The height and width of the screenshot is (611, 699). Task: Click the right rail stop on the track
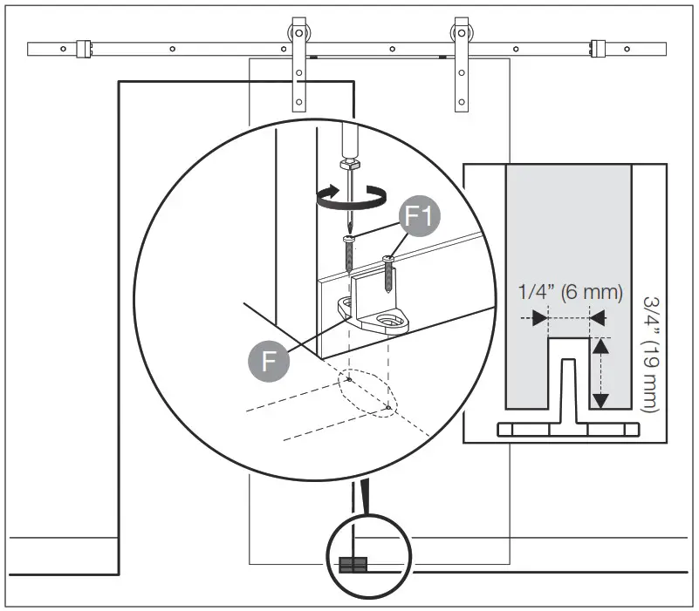pos(599,49)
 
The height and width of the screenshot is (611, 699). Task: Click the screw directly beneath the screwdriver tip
pos(350,253)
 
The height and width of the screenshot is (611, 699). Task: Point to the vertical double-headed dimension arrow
pos(600,375)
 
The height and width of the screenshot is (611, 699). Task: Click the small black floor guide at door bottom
pos(352,564)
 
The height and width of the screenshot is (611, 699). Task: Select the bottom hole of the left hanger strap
pos(299,103)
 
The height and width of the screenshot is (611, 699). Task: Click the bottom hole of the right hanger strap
pos(461,103)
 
